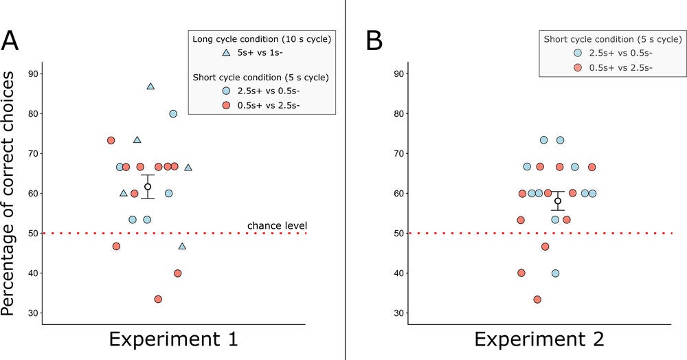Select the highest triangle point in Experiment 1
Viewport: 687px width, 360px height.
pos(150,87)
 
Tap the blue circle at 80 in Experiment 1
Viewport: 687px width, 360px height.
pos(173,113)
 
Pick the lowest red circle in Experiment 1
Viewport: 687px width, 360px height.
pos(158,299)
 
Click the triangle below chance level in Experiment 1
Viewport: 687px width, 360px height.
pos(182,247)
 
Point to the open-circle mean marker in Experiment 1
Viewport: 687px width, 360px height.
pos(148,186)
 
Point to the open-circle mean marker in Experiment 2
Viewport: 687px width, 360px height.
pos(558,201)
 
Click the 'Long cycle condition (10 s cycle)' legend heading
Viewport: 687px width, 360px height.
pos(261,38)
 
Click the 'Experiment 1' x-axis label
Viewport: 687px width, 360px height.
pos(173,339)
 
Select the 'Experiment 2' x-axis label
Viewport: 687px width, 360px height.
pos(539,339)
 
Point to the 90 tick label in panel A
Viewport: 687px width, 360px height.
pos(32,74)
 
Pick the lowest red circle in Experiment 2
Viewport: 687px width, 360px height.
pos(537,299)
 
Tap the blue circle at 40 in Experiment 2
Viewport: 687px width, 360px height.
pos(555,273)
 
